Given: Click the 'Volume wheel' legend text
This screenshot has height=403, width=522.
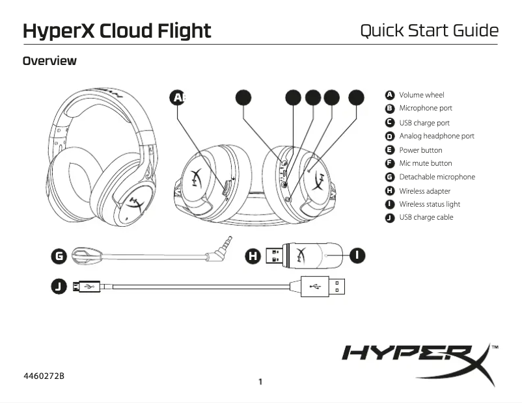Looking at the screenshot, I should click(x=421, y=95).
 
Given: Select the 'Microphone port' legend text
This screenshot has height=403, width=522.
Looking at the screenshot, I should click(x=425, y=109).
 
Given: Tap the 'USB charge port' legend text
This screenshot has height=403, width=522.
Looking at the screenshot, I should click(x=424, y=123).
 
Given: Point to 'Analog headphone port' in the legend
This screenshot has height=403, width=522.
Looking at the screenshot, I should click(x=436, y=136).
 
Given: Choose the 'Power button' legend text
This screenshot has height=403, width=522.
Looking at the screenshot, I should click(x=420, y=150).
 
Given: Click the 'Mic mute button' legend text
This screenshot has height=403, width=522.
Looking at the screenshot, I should click(x=425, y=164).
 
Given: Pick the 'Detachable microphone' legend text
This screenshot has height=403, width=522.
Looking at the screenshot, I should click(x=437, y=177).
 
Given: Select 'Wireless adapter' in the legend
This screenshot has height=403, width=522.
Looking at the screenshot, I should click(x=424, y=191).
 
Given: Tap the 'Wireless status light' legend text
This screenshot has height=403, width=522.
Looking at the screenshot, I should click(x=429, y=204).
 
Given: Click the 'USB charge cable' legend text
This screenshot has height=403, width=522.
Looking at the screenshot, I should click(x=426, y=218).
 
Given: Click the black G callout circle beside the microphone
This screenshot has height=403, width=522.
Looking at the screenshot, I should click(x=59, y=256).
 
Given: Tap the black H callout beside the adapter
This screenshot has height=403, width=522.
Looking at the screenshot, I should click(x=253, y=256).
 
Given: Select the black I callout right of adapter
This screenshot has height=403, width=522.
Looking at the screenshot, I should click(x=357, y=255).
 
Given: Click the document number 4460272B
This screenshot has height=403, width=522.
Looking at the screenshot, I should click(x=44, y=376).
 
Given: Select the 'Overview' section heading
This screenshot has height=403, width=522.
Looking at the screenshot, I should click(x=49, y=62).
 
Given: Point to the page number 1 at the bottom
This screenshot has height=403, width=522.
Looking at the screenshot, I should click(x=260, y=382).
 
